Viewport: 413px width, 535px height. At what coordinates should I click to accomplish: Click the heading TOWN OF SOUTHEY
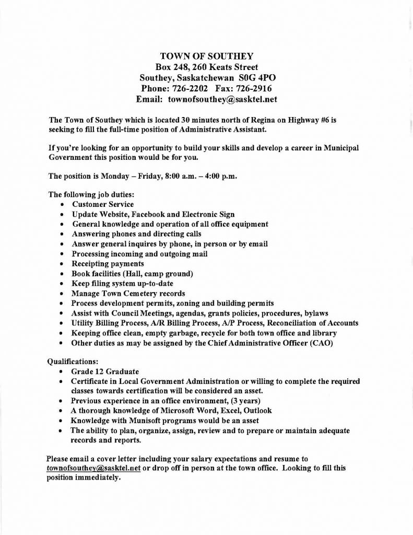point(206,56)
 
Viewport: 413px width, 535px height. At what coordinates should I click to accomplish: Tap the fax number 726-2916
point(253,88)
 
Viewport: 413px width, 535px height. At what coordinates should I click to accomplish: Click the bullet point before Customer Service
point(63,205)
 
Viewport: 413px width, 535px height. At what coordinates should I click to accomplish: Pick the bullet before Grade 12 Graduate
point(63,371)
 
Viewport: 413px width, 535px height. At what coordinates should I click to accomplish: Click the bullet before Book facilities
point(63,274)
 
